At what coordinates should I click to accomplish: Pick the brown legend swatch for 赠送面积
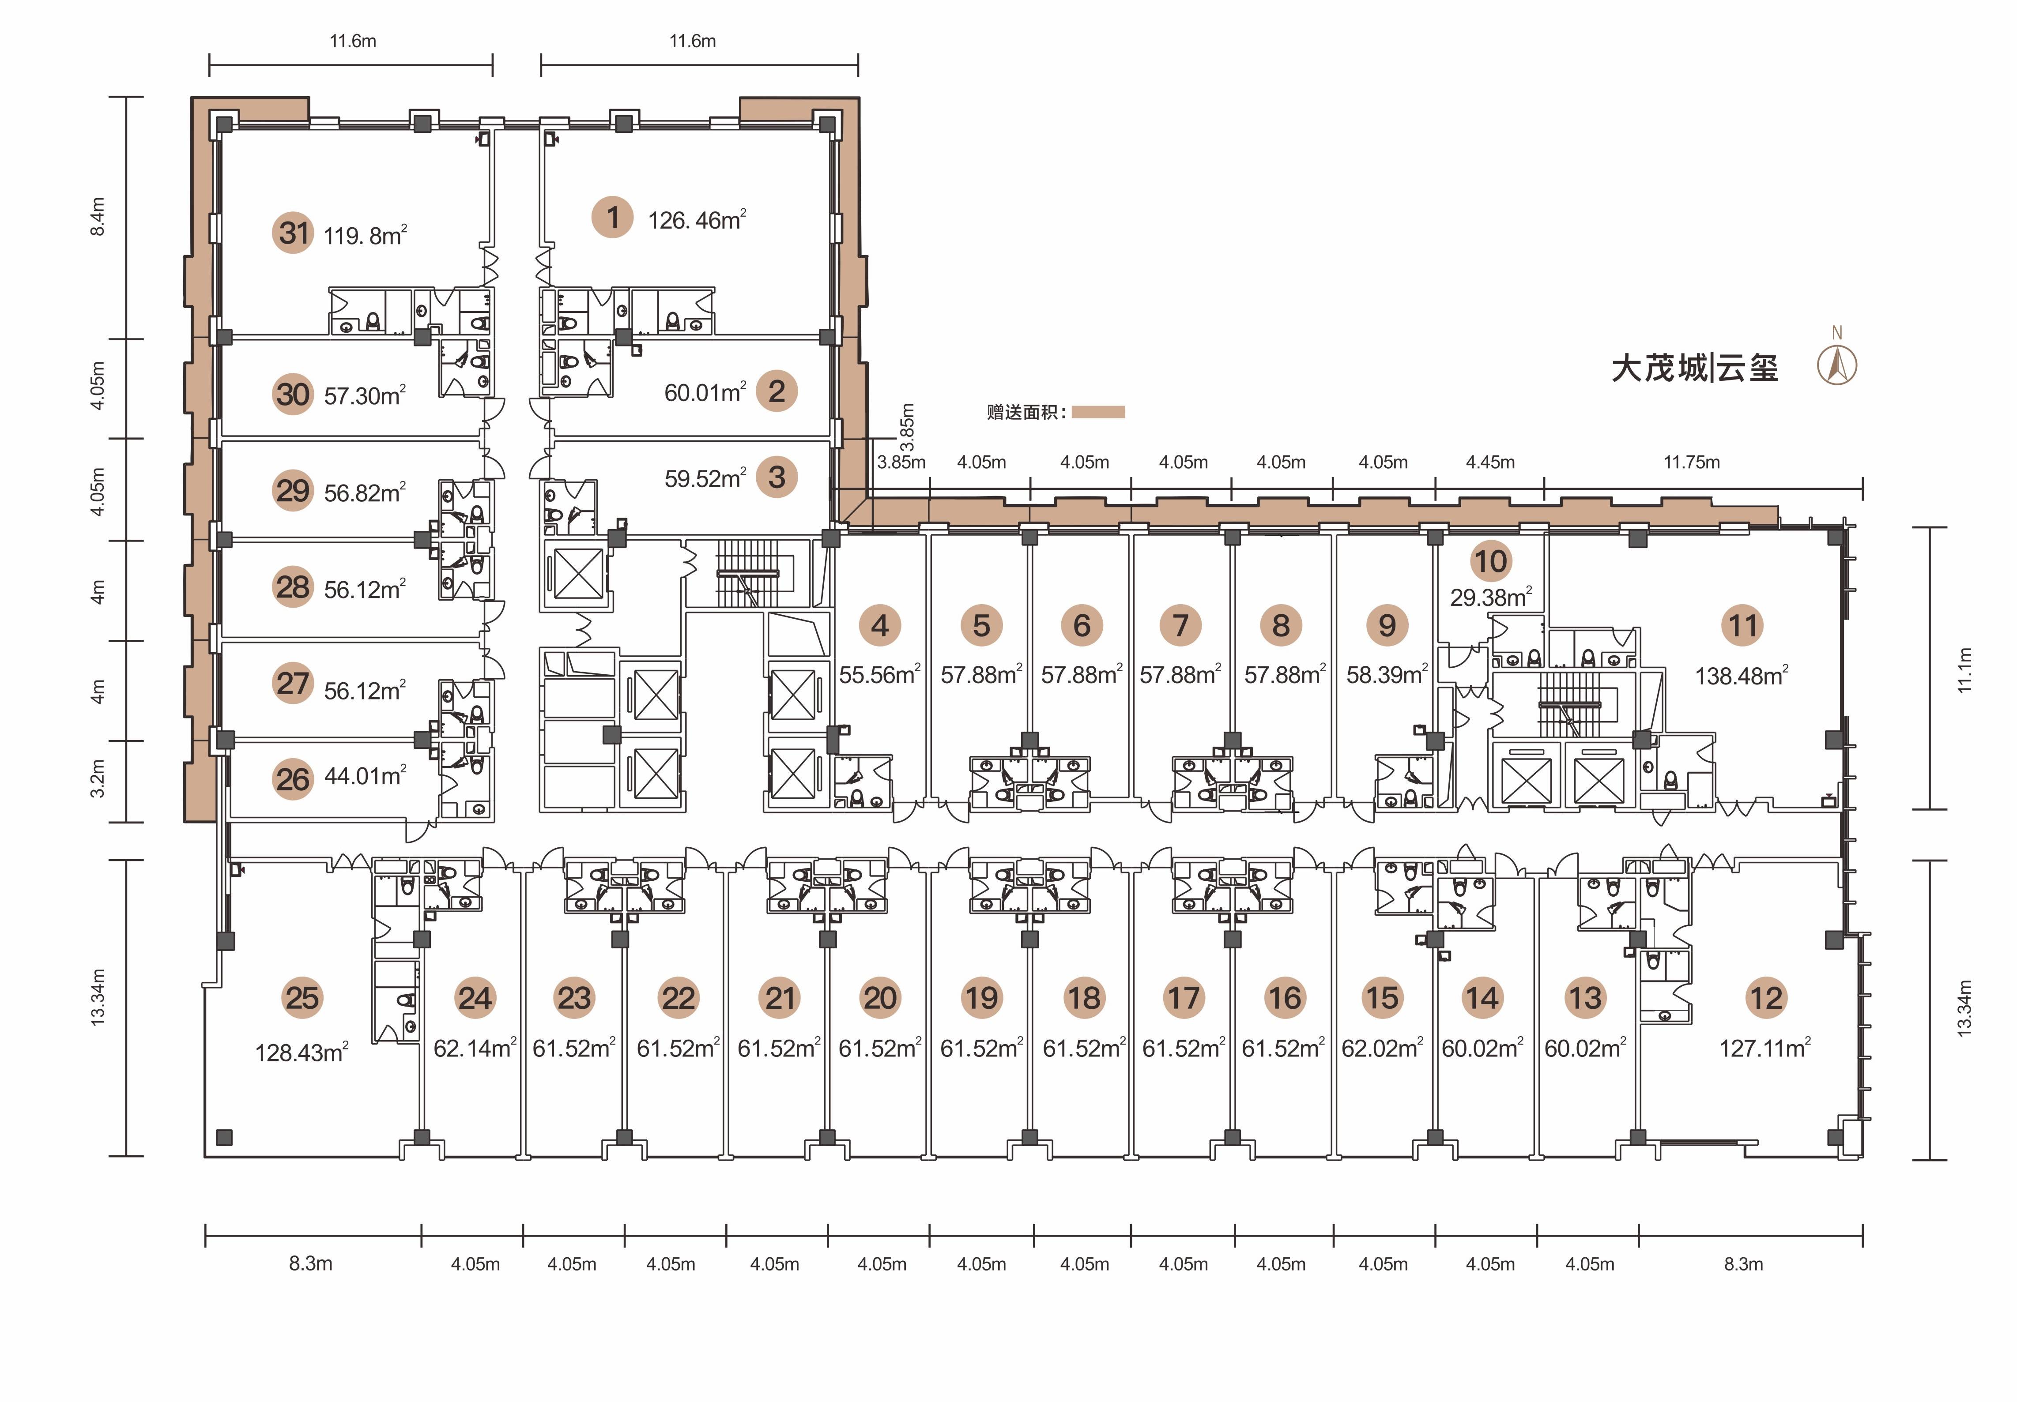tap(1098, 412)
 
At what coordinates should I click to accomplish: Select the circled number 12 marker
tap(1766, 998)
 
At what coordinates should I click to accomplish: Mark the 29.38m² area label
tap(1491, 598)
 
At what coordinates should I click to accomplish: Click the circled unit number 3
tap(777, 477)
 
